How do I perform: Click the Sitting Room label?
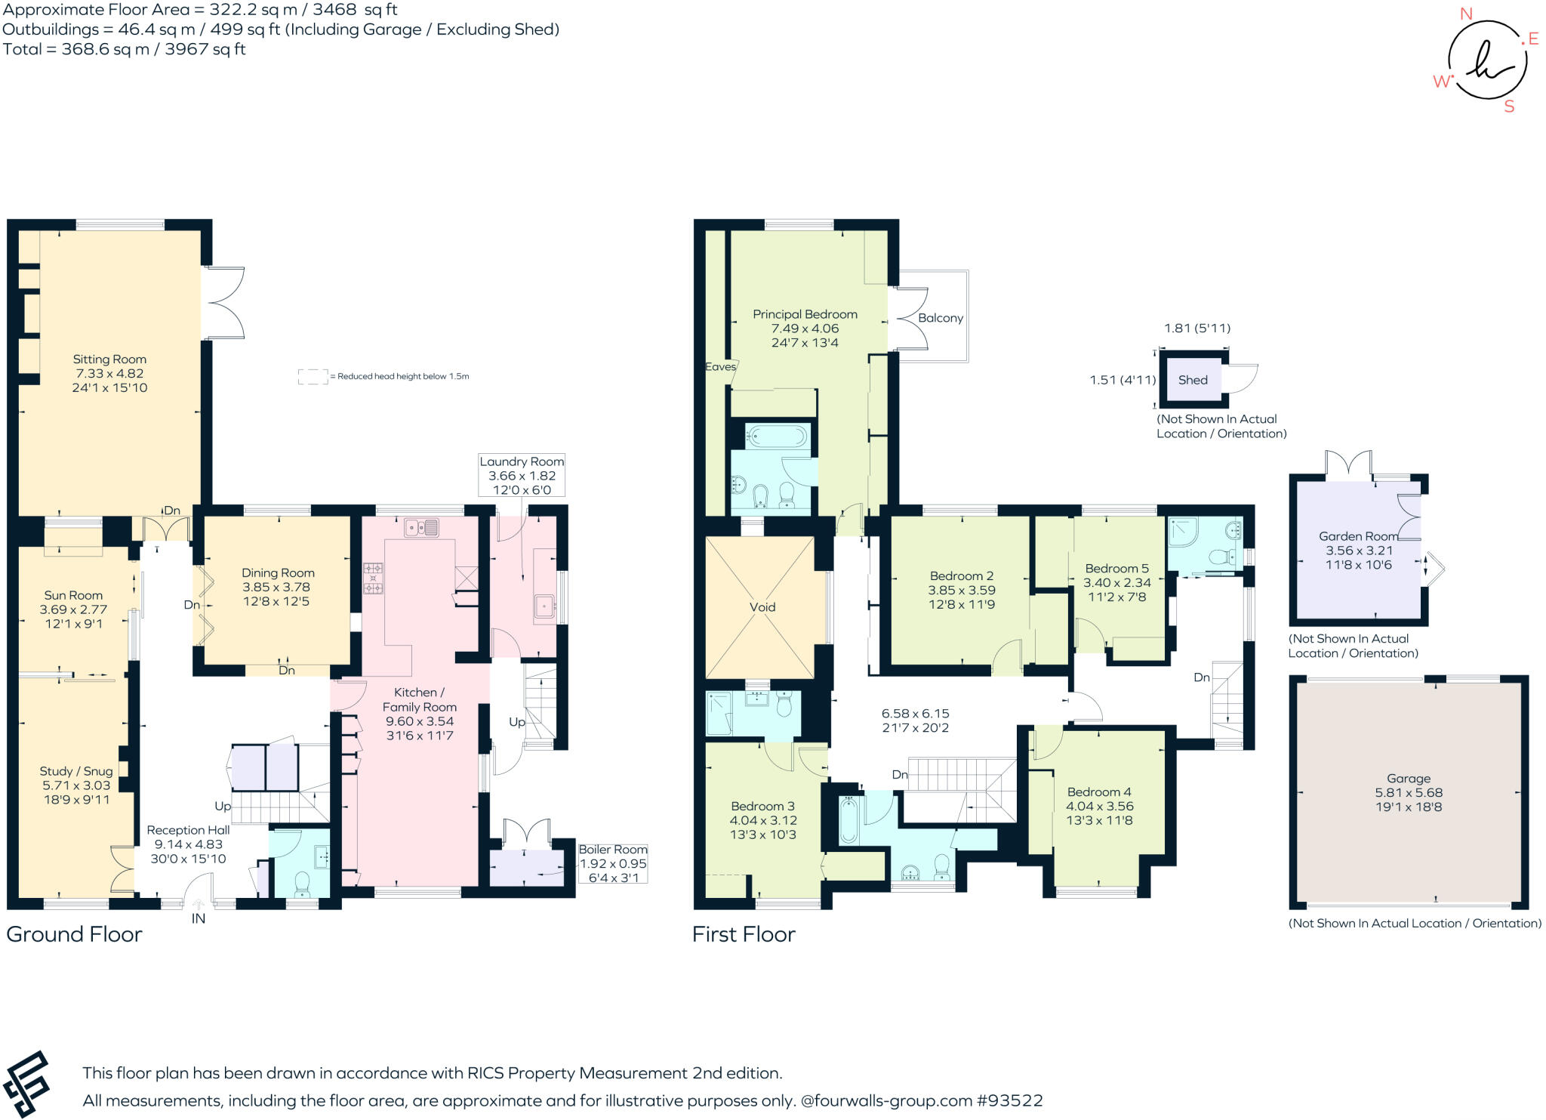click(109, 359)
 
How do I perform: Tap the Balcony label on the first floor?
click(940, 318)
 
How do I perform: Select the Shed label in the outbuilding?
click(1193, 380)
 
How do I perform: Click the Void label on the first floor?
click(762, 607)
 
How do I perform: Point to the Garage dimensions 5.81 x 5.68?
click(1409, 792)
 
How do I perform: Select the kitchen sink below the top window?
click(421, 527)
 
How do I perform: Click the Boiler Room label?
click(613, 850)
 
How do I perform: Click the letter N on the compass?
click(1466, 14)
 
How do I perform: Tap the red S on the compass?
click(1509, 106)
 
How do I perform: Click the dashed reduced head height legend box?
click(313, 376)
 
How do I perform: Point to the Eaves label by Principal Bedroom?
click(720, 366)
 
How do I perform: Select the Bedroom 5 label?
click(1116, 569)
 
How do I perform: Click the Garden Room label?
click(1358, 536)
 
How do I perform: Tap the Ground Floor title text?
click(74, 934)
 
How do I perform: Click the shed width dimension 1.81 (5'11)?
click(1196, 328)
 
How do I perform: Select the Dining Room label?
click(278, 573)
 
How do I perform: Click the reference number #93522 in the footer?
click(1009, 1100)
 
